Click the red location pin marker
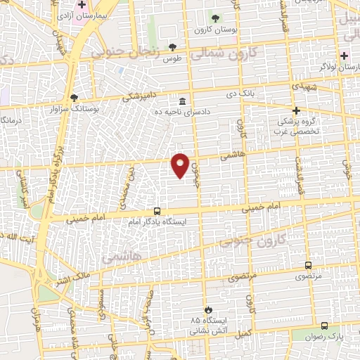180,165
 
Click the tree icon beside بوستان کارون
216,18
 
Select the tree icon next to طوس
173,47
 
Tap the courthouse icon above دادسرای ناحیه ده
183,100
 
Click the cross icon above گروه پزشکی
297,110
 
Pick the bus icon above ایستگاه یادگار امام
156,211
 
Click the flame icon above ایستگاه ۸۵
208,309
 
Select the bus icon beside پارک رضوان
323,326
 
